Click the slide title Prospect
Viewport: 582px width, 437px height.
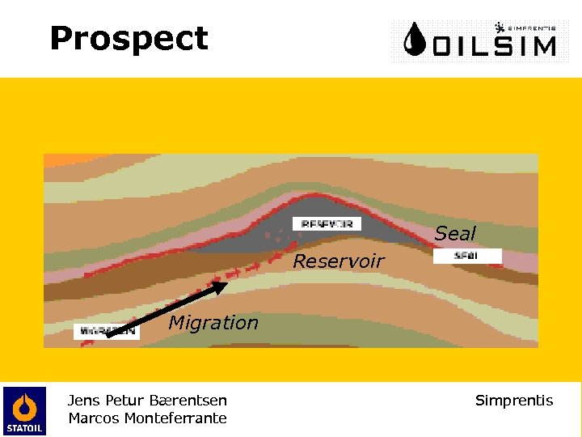129,39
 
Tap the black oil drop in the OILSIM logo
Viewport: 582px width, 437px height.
415,40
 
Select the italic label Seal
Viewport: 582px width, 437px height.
455,234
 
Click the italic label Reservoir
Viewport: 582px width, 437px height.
338,261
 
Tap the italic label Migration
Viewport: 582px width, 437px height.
213,323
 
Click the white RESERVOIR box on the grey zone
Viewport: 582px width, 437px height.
327,223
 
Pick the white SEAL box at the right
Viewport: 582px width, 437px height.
467,256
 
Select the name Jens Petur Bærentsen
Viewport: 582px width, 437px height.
147,400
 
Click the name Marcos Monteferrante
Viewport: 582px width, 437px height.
147,418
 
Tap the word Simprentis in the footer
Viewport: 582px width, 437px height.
514,400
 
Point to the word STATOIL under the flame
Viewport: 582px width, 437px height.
24,427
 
